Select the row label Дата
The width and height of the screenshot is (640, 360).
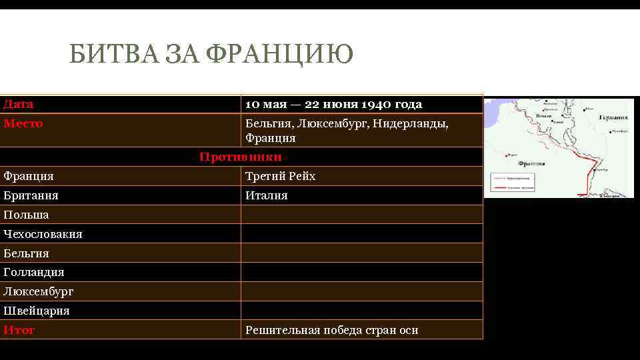[19, 105]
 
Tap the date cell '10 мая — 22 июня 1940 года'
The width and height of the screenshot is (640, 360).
[333, 105]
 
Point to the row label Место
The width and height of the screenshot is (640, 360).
[23, 124]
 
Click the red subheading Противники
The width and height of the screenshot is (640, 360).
[241, 157]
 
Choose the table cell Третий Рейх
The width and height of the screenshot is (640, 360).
[280, 177]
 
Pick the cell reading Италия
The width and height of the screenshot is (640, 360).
[267, 196]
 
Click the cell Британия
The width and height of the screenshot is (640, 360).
[31, 196]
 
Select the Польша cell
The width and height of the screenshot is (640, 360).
[26, 215]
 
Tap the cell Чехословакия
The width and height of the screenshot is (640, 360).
[43, 235]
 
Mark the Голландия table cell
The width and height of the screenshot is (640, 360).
[34, 273]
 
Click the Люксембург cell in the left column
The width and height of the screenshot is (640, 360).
[38, 292]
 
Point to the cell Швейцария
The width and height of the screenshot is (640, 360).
[36, 311]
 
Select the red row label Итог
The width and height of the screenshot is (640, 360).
[19, 331]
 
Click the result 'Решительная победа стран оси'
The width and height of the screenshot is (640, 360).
[331, 331]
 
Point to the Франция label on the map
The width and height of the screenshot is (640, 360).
[531, 163]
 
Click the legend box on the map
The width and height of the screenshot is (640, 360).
[512, 183]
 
